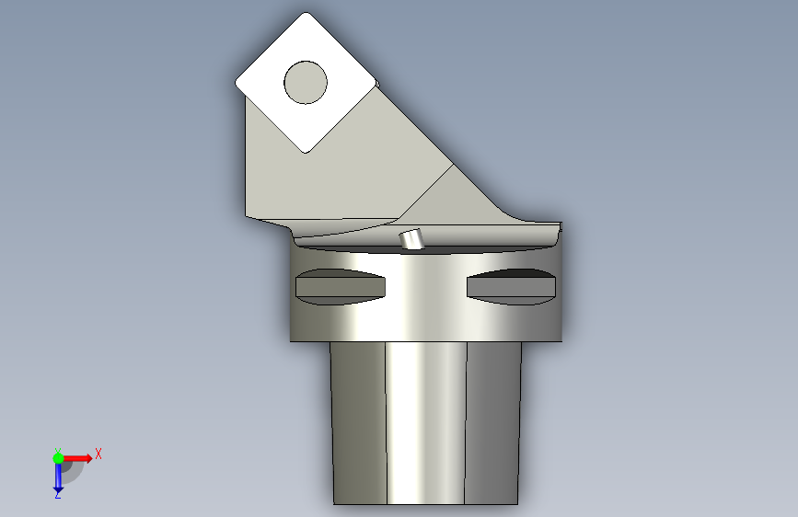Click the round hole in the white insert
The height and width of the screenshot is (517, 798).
coord(306,83)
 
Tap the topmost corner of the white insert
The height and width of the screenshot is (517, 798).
coord(306,13)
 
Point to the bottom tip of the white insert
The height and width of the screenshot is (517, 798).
coord(306,152)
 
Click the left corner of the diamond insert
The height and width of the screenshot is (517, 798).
coord(237,83)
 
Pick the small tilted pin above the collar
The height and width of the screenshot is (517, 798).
coord(411,239)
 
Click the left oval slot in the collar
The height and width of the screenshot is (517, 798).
coord(340,287)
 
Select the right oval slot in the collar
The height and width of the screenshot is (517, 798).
coord(511,287)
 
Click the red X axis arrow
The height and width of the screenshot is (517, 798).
coord(76,458)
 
